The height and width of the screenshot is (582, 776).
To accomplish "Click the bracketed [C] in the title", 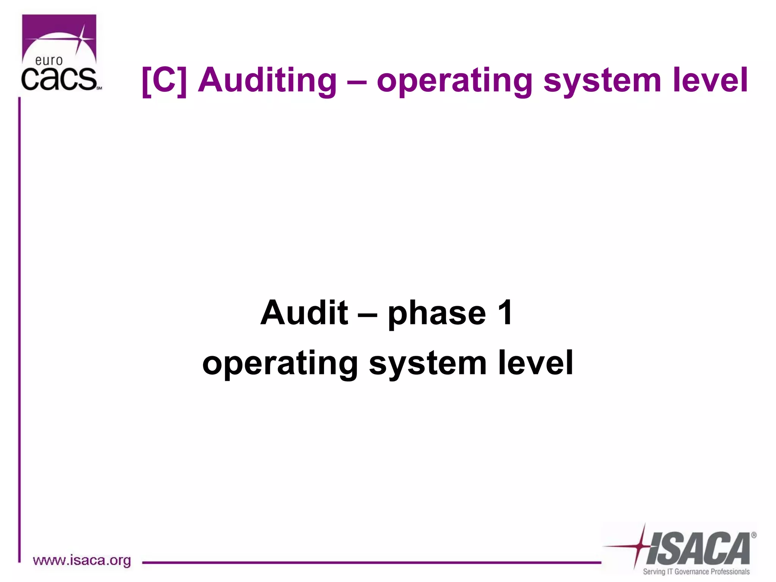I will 164,80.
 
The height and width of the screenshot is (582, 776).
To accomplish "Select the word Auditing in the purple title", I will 267,80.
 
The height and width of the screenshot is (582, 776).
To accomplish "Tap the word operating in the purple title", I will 454,81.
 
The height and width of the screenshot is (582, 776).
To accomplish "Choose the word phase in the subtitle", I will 436,314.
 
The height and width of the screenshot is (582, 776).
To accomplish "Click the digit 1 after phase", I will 505,313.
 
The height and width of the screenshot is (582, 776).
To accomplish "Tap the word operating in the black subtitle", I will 280,364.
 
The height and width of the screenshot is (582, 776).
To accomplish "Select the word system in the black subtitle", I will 428,364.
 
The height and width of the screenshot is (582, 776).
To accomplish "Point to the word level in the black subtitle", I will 535,362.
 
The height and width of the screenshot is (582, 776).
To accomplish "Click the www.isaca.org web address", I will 82,560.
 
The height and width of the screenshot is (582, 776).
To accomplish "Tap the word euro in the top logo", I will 49,61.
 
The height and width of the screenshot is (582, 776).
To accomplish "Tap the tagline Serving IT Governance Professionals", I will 696,572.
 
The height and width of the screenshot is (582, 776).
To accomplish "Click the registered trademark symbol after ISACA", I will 754,535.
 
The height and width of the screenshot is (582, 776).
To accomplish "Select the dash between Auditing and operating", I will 356,82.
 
